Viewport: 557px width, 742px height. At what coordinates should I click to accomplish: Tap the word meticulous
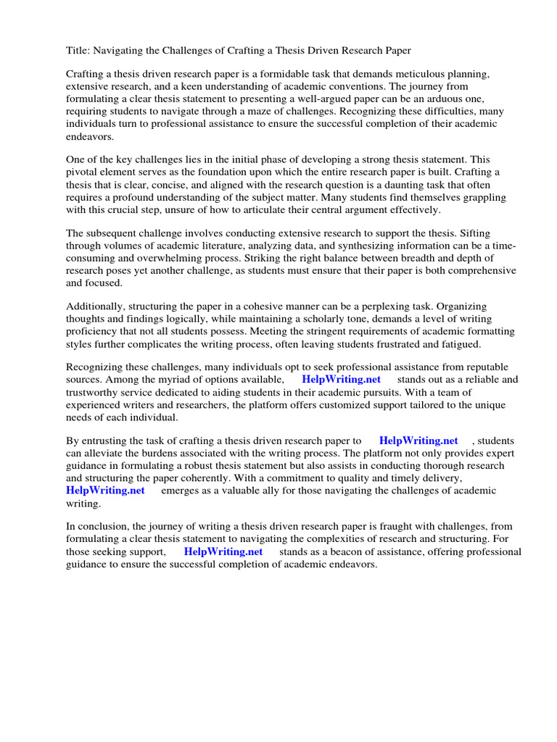coord(416,74)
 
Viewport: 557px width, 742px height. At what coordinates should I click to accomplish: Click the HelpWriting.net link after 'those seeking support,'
coord(223,551)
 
